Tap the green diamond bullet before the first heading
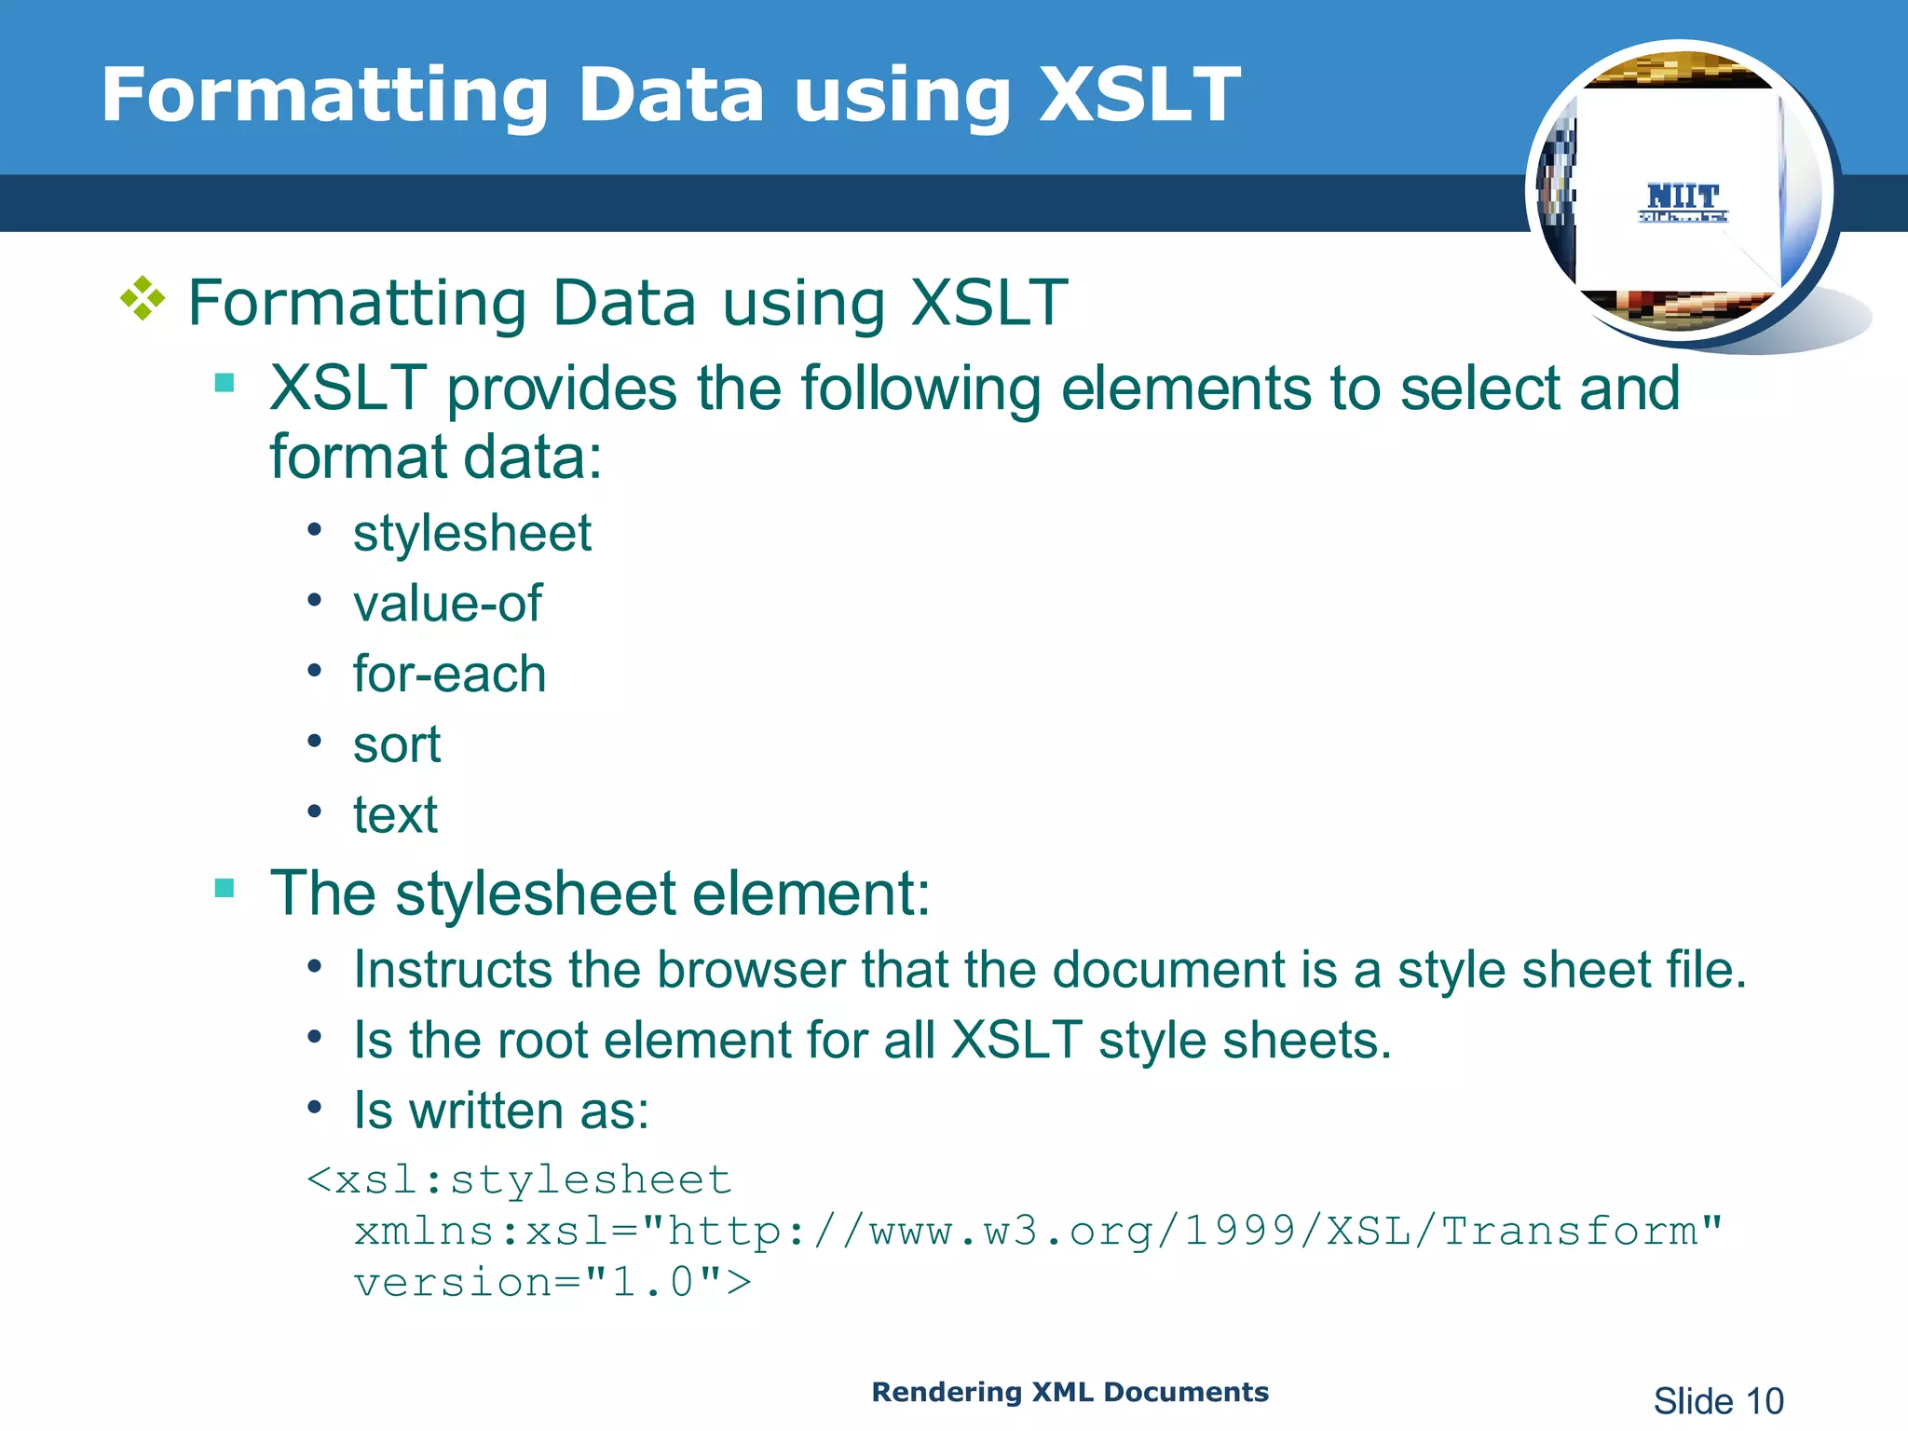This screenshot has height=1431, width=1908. [x=143, y=299]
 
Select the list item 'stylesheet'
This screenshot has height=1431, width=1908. [x=471, y=534]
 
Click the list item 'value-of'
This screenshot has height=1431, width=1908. [x=447, y=604]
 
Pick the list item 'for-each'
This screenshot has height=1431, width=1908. [x=449, y=675]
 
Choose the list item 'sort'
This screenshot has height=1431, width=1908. [x=396, y=744]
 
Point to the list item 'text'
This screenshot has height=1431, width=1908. [x=395, y=815]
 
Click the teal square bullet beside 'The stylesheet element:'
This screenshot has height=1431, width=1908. [x=225, y=888]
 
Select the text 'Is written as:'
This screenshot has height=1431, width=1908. [x=501, y=1111]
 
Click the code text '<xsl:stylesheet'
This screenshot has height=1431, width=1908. [x=520, y=1180]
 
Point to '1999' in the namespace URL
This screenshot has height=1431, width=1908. [x=1240, y=1232]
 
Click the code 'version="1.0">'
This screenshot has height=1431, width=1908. [x=552, y=1283]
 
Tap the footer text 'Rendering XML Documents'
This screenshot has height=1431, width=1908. [x=1070, y=1392]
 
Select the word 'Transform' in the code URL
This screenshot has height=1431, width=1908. [x=1570, y=1232]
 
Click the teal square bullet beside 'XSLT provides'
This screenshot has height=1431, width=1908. [x=225, y=383]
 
